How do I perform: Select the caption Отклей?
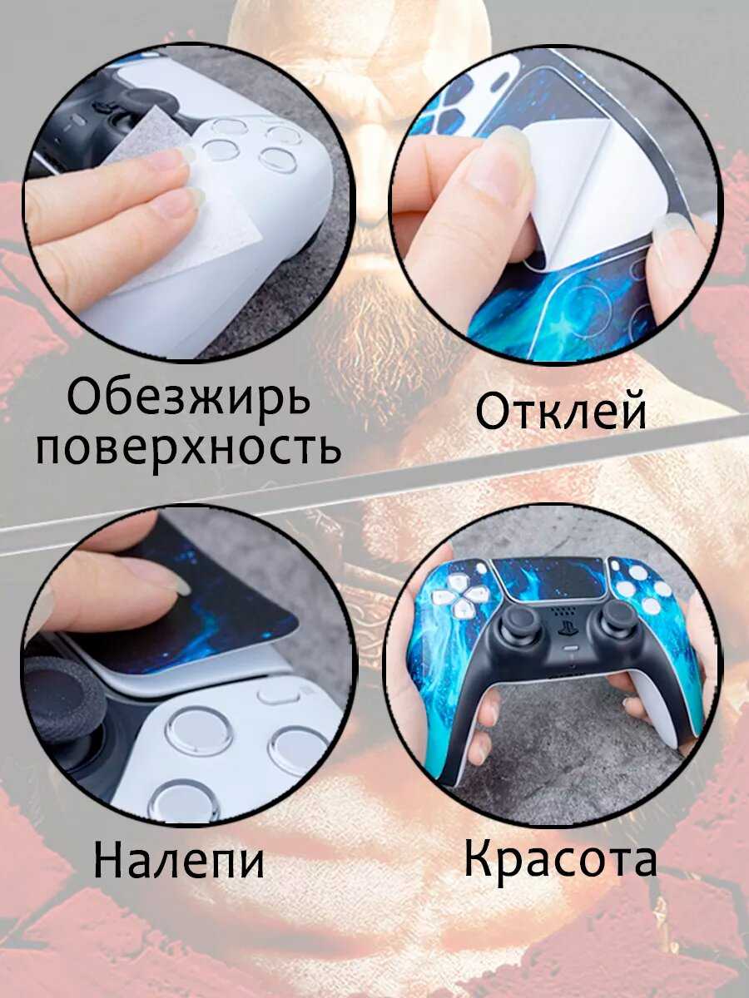pos(561,412)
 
